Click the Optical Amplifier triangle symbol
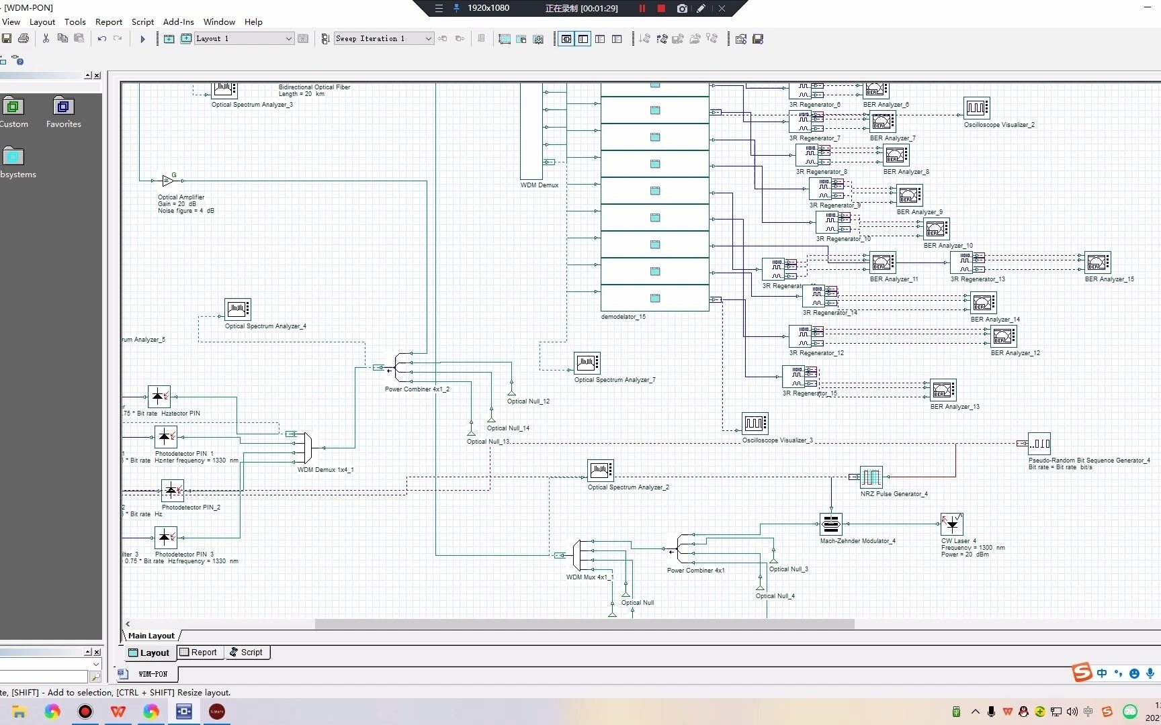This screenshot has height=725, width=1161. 167,181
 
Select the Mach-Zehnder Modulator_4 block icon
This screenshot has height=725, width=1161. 831,524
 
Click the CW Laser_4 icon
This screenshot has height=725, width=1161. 952,524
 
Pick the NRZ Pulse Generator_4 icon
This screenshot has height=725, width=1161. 871,477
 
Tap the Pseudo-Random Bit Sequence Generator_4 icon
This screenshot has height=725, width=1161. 1039,444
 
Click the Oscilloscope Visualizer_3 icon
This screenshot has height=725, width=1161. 755,424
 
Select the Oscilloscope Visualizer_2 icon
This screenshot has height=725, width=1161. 976,107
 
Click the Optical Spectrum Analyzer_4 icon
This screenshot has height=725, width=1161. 238,309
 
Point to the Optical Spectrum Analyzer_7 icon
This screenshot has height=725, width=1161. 587,363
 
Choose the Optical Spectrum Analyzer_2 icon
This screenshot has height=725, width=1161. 601,471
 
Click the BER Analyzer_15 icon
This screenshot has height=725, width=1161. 1098,262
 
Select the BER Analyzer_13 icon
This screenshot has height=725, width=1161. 943,390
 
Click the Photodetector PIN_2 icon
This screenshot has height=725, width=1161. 172,491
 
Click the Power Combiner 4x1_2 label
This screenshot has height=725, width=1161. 417,389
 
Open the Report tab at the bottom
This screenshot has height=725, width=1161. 199,652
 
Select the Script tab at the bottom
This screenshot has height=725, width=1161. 247,652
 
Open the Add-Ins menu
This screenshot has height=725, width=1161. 178,21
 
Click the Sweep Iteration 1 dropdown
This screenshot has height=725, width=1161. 384,39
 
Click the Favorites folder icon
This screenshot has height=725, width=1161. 63,107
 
